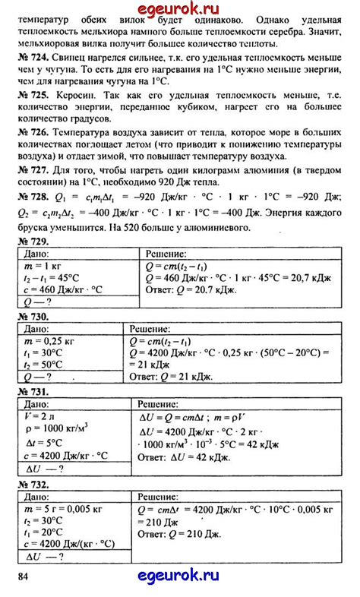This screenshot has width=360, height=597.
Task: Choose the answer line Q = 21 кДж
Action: pos(177,377)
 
